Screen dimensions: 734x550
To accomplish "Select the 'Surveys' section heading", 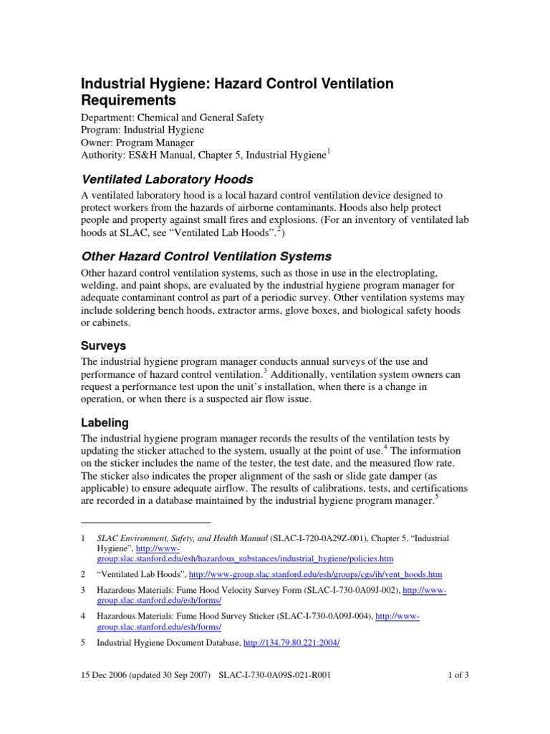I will pyautogui.click(x=104, y=345).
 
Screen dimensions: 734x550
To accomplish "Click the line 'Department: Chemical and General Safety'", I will pyautogui.click(x=172, y=117).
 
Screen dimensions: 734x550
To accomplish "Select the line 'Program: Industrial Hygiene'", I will pyautogui.click(x=143, y=130).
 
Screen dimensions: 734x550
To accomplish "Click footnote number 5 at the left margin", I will pyautogui.click(x=83, y=643).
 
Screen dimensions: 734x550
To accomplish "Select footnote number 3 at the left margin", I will pyautogui.click(x=83, y=590).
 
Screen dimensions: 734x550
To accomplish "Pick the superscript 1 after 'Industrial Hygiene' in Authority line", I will pyautogui.click(x=329, y=151).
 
